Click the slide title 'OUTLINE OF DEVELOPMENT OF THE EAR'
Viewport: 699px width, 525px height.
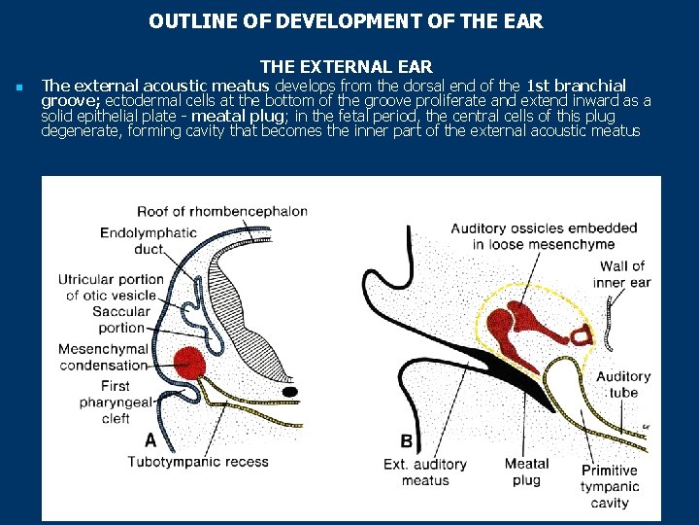[x=347, y=20]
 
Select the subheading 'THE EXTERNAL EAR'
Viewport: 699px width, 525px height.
[x=347, y=67]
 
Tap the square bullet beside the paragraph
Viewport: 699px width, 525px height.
[x=18, y=88]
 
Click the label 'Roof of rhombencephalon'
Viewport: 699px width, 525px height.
[x=222, y=211]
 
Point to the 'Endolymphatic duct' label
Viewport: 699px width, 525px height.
[x=149, y=241]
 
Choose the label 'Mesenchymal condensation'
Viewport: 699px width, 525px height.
[x=103, y=357]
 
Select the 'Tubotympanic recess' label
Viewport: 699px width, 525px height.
[x=198, y=462]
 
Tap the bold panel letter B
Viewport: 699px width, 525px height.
[x=406, y=441]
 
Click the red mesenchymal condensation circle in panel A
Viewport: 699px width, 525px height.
[x=191, y=363]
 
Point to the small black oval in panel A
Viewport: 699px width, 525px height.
[x=289, y=391]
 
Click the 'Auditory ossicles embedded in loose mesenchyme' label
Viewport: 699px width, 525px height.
[x=544, y=236]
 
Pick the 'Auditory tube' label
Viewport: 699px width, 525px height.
[x=623, y=385]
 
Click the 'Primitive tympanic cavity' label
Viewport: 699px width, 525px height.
[x=609, y=486]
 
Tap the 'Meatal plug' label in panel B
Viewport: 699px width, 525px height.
[x=527, y=472]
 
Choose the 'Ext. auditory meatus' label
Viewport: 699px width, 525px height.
[x=425, y=472]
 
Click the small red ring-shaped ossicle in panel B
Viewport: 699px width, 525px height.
[x=582, y=336]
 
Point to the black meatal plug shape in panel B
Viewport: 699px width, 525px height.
[x=505, y=373]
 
